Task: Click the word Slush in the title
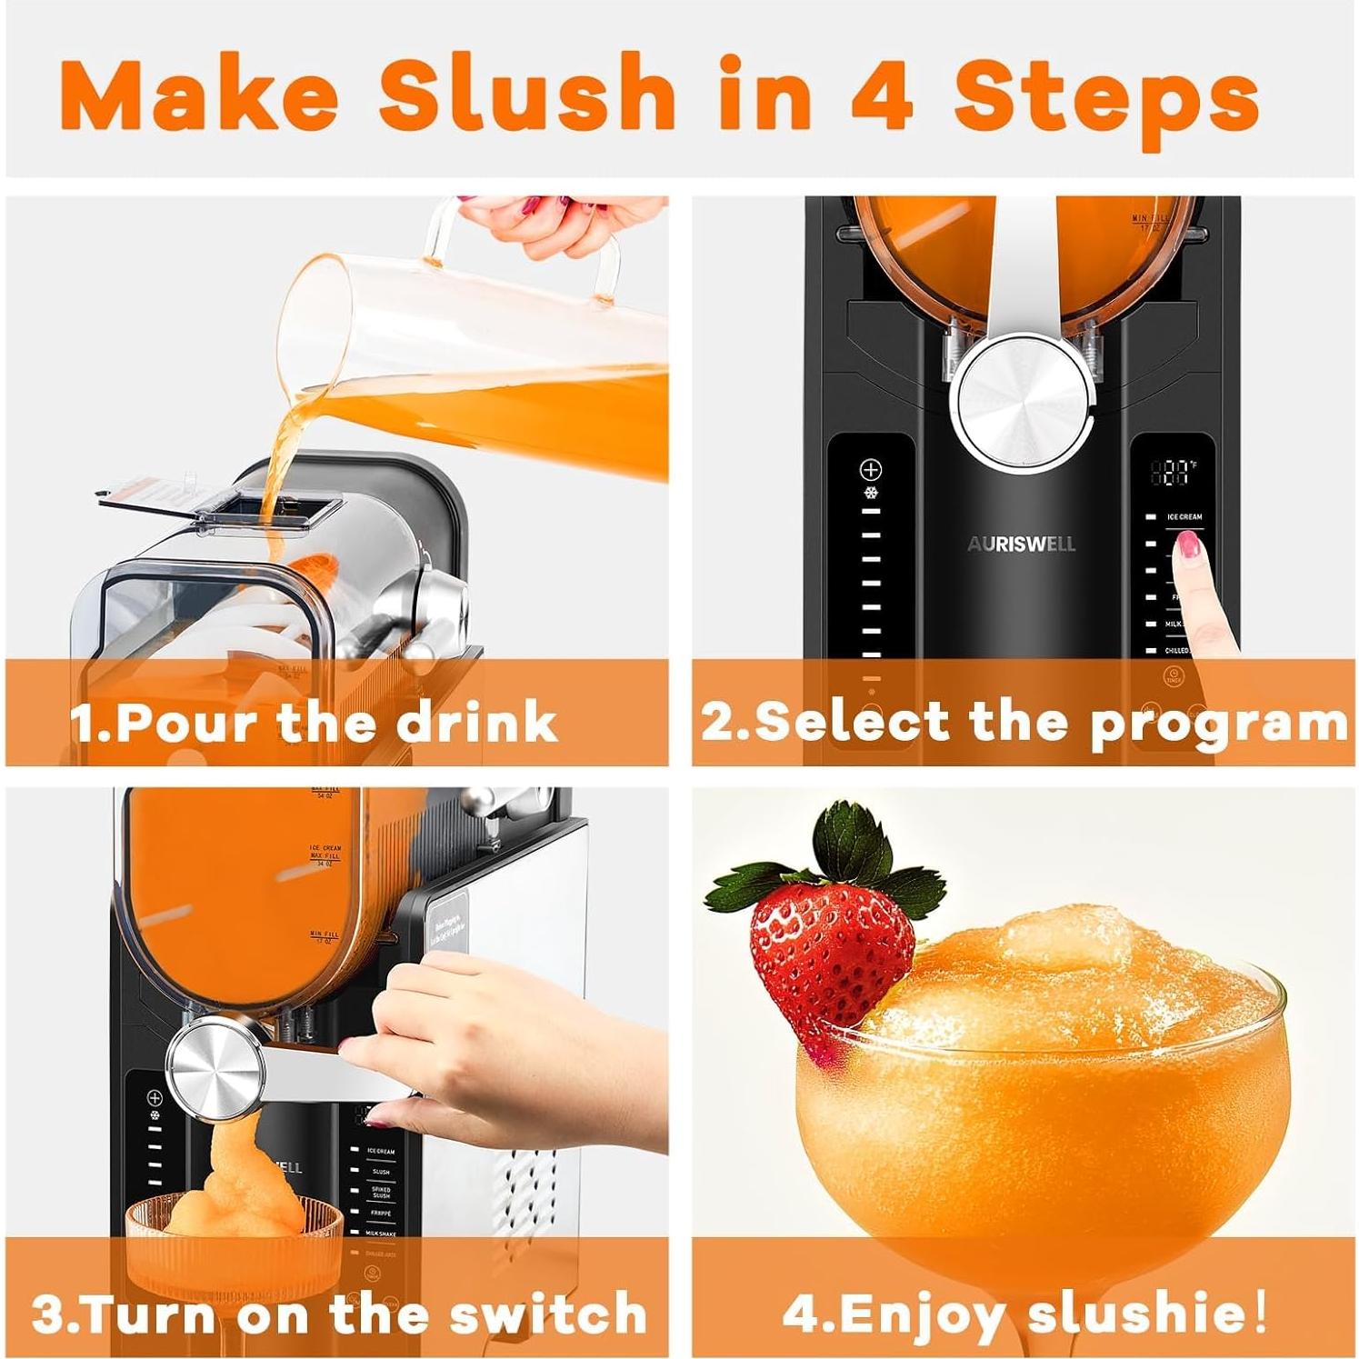[x=527, y=93]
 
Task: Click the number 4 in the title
[x=881, y=93]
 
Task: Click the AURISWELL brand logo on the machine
[x=1021, y=545]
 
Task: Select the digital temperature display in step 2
[x=1173, y=472]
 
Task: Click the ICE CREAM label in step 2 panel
[x=1184, y=516]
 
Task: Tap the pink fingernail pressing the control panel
[x=1187, y=545]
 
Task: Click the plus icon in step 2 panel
[x=871, y=470]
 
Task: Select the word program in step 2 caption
[x=1218, y=723]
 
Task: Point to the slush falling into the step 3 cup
[x=232, y=1173]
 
